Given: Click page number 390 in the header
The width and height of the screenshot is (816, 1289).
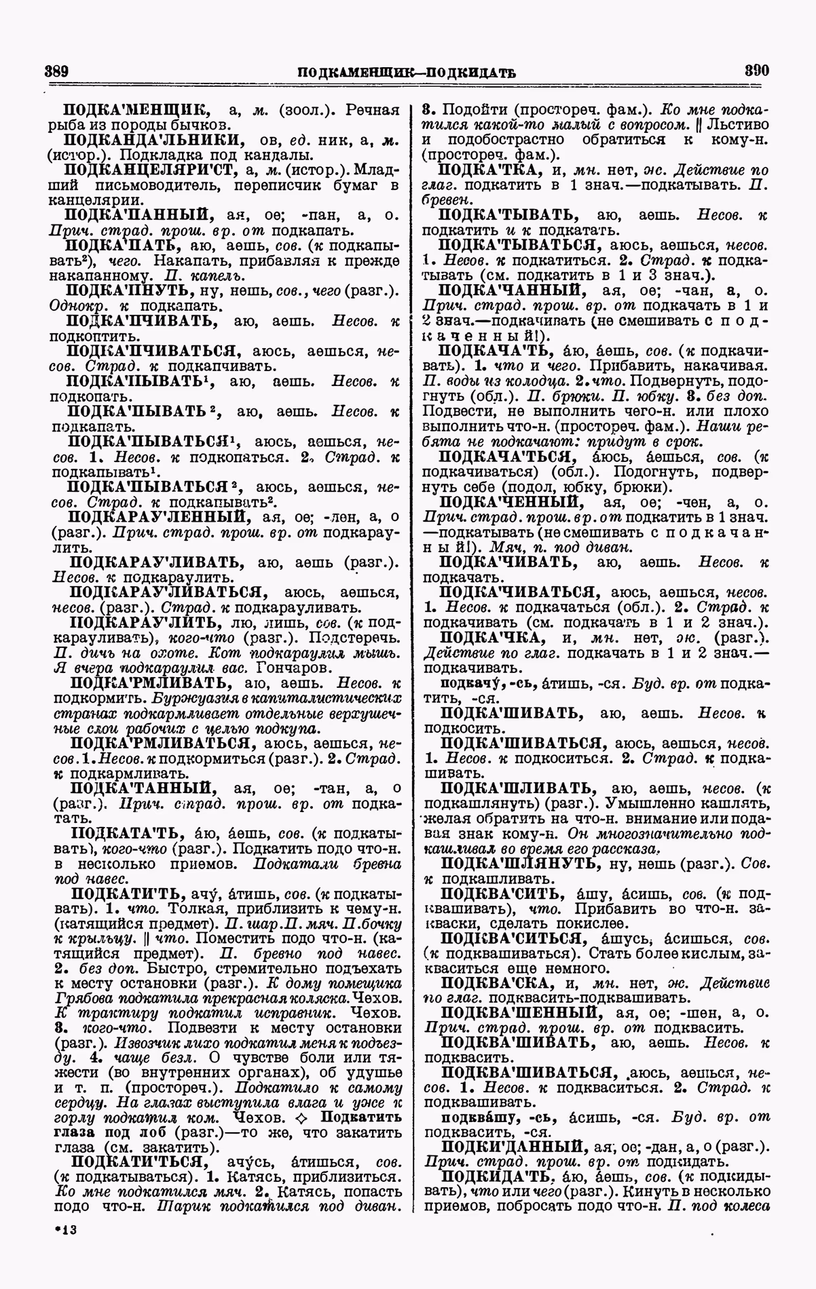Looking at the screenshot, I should click(x=756, y=70).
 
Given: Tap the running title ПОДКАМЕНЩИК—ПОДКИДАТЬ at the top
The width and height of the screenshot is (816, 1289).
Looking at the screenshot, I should click(x=407, y=72).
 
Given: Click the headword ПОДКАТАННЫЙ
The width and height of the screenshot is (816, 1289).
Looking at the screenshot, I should click(x=145, y=788).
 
